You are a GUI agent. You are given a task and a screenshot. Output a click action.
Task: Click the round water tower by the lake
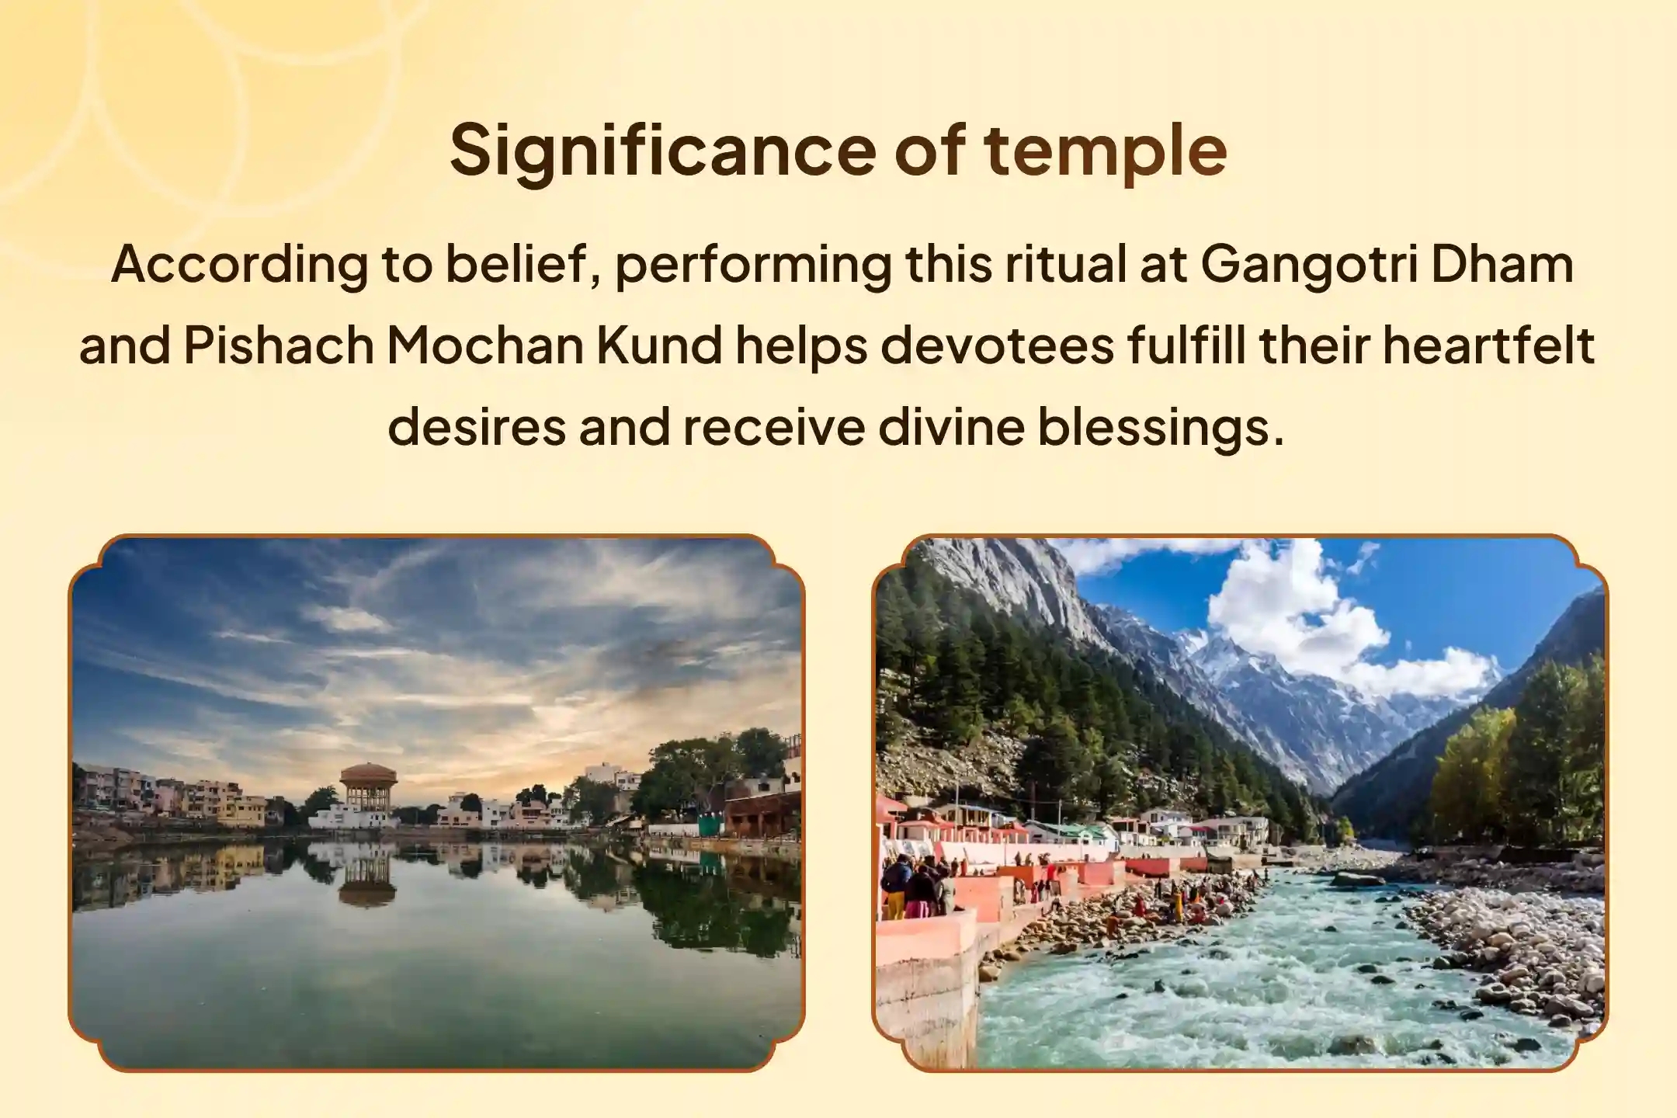pos(368,784)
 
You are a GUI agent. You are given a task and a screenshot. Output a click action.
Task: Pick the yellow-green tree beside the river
pos(1471,776)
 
